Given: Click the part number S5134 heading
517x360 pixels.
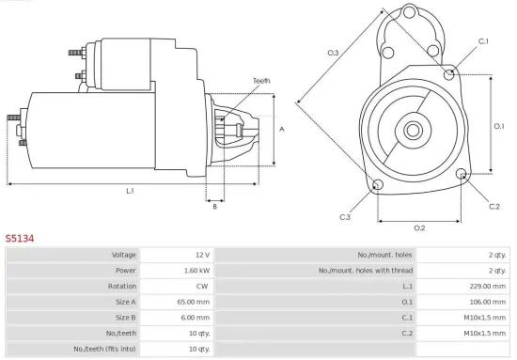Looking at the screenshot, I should click(20, 239).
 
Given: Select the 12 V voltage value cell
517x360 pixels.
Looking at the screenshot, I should click(202, 255).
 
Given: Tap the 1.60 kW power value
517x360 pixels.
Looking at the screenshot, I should click(196, 270).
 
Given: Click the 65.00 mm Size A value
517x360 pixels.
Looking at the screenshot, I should click(195, 302).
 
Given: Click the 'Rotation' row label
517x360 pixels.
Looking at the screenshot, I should click(122, 286).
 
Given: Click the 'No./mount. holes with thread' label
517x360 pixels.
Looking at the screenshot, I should click(364, 270).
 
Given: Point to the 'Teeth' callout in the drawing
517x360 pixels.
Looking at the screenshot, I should click(261, 82).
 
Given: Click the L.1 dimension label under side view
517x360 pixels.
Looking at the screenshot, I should click(130, 191).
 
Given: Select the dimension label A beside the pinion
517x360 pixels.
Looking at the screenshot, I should click(282, 129).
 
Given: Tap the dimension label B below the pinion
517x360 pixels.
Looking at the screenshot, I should click(214, 206).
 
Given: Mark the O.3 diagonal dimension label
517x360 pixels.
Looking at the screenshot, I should click(334, 53).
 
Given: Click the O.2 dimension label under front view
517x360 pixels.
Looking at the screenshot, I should click(419, 227).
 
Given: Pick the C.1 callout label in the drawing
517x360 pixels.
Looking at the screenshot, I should click(483, 41).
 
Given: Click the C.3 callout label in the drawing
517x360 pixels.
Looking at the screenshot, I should click(345, 217).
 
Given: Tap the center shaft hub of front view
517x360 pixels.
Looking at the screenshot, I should click(414, 128).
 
